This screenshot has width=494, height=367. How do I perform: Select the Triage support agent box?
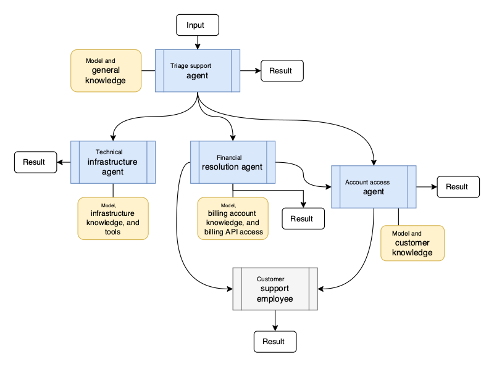pyautogui.click(x=198, y=71)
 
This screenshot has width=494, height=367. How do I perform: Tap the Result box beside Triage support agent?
pyautogui.click(x=282, y=71)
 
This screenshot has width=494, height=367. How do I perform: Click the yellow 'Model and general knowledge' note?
pyautogui.click(x=106, y=71)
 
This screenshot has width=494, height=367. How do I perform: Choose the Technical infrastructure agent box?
pyautogui.click(x=113, y=162)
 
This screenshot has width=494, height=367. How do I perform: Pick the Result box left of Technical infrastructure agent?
pyautogui.click(x=34, y=162)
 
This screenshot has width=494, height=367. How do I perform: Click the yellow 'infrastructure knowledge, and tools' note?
pyautogui.click(x=113, y=218)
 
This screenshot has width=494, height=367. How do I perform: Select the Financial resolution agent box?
pyautogui.click(x=232, y=162)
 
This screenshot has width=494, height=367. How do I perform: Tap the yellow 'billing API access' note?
pyautogui.click(x=233, y=218)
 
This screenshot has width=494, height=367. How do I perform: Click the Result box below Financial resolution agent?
pyautogui.click(x=302, y=218)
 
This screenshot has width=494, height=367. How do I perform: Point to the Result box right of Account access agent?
pyautogui.click(x=458, y=187)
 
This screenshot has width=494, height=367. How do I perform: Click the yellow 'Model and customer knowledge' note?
pyautogui.click(x=412, y=243)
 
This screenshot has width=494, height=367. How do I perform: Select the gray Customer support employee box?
pyautogui.click(x=275, y=289)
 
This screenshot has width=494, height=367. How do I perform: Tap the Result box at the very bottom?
pyautogui.click(x=275, y=341)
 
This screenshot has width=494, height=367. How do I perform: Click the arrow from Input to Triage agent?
pyautogui.click(x=198, y=42)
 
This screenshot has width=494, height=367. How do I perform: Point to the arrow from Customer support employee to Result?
pyautogui.click(x=275, y=320)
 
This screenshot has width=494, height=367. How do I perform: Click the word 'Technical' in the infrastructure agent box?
pyautogui.click(x=109, y=152)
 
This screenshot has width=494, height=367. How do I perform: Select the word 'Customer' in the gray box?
pyautogui.click(x=270, y=279)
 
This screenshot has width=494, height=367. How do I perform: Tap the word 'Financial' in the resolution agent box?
pyautogui.click(x=229, y=157)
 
